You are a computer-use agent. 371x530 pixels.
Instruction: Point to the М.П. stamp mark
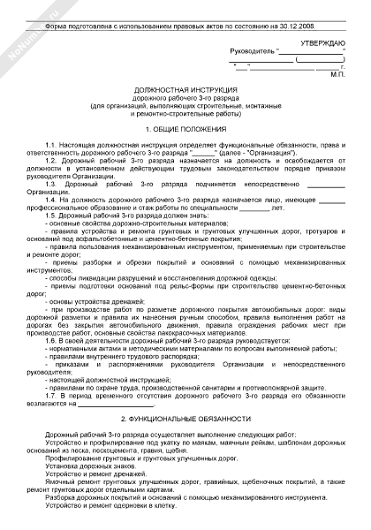[x=332, y=74]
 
